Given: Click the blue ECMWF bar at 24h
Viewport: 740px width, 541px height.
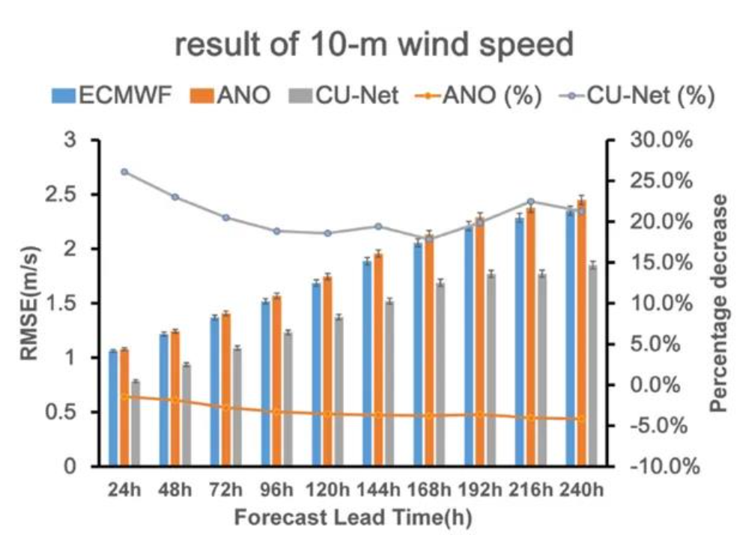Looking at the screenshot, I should coord(113,408).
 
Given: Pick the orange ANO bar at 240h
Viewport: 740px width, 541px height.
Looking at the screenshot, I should coord(582,333).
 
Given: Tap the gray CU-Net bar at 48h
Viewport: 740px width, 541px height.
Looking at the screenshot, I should coord(186,415).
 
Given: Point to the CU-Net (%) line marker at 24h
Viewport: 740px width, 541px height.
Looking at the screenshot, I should coord(124,172).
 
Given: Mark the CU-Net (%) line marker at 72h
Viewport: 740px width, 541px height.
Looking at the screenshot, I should coord(226,218).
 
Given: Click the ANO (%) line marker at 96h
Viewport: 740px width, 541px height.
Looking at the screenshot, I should coord(276,411).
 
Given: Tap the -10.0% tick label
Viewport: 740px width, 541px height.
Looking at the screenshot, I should coord(664,467).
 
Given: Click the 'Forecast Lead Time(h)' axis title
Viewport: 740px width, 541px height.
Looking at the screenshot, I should coord(352,518).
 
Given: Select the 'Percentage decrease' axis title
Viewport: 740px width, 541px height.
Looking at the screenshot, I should coord(720,303).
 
